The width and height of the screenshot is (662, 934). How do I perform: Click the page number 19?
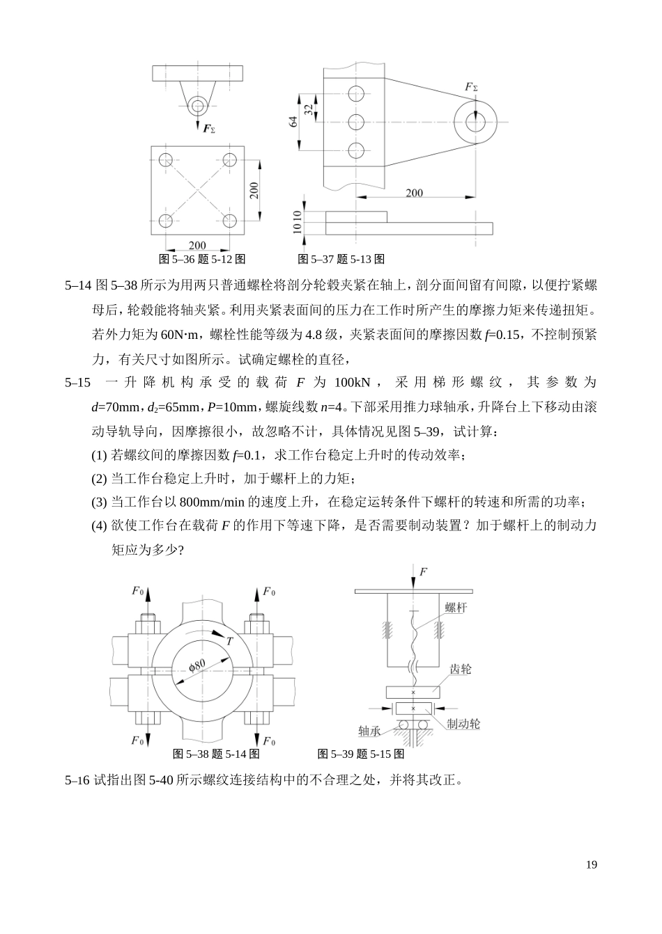(x=592, y=865)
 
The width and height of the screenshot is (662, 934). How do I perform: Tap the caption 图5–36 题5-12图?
(x=202, y=260)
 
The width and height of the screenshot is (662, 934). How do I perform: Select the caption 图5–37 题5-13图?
(x=341, y=260)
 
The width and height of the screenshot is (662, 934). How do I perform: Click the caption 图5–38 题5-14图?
(x=216, y=754)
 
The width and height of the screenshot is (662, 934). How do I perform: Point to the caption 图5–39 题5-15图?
(x=360, y=754)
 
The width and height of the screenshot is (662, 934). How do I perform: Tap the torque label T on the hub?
(x=229, y=642)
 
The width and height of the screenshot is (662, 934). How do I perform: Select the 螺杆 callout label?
(x=456, y=607)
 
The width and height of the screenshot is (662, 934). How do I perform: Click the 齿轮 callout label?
(x=460, y=669)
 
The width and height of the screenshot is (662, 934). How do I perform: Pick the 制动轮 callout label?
(x=463, y=724)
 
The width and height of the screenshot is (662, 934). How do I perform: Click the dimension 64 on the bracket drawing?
(x=294, y=121)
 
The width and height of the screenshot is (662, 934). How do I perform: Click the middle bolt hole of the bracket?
(x=356, y=122)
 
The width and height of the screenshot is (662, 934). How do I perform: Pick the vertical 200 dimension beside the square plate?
(x=254, y=191)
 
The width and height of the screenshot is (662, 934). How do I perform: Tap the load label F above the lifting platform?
(x=423, y=571)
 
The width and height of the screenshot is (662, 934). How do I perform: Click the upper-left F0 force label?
(x=139, y=591)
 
